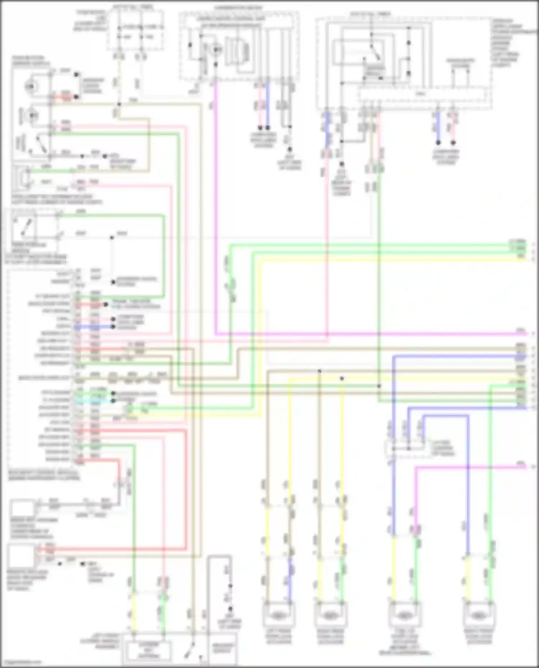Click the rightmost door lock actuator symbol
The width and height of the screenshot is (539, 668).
(479, 616)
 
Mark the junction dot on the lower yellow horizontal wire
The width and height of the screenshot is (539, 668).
(342, 378)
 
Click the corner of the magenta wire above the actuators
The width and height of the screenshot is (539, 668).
(416, 467)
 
